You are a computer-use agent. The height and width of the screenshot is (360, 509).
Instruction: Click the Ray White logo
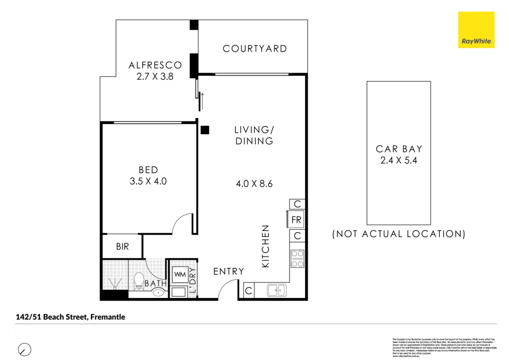pyautogui.click(x=476, y=30)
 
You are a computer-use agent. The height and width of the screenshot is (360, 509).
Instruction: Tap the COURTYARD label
pyautogui.click(x=255, y=49)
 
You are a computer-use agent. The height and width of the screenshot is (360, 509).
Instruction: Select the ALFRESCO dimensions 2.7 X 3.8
pyautogui.click(x=155, y=77)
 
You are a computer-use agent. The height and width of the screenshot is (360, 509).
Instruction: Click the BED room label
pyautogui.click(x=148, y=170)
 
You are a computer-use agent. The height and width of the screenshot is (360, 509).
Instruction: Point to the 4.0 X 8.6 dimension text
pyautogui.click(x=254, y=184)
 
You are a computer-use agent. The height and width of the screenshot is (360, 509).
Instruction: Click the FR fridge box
pyautogui.click(x=296, y=220)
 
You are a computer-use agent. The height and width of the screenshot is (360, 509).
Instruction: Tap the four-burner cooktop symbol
pyautogui.click(x=297, y=259)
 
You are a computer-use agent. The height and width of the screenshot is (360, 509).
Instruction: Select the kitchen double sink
pyautogui.click(x=276, y=290)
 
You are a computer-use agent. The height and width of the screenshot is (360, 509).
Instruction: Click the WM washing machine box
pyautogui.click(x=180, y=275)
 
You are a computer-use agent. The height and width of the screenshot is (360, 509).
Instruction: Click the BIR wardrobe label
pyautogui.click(x=122, y=247)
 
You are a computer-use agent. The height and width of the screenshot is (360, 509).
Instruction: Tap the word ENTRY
pyautogui.click(x=229, y=272)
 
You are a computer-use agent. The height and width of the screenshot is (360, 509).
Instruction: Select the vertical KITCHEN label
pyautogui.click(x=265, y=246)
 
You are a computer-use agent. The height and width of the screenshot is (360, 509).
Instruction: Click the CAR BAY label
pyautogui.click(x=399, y=149)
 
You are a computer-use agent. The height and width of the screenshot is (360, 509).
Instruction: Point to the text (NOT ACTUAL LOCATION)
pyautogui.click(x=398, y=234)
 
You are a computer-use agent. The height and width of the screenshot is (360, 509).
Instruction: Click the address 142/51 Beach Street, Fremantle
pyautogui.click(x=71, y=317)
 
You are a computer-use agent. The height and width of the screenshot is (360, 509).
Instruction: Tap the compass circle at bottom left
pyautogui.click(x=24, y=350)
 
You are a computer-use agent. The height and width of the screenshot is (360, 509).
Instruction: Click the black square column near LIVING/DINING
pyautogui.click(x=205, y=130)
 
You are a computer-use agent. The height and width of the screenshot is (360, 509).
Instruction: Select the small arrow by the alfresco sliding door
pyautogui.click(x=202, y=100)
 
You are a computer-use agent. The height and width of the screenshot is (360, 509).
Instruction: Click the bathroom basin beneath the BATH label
pyautogui.click(x=158, y=293)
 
